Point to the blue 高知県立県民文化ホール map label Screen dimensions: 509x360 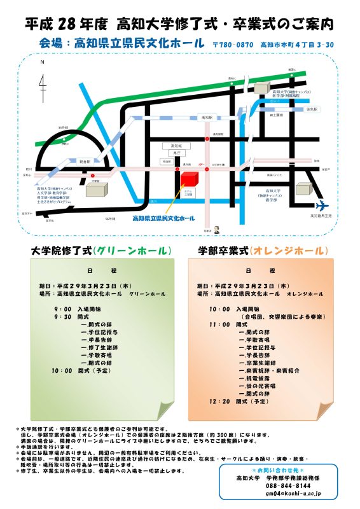(163, 218)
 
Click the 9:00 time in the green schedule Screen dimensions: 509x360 (62, 308)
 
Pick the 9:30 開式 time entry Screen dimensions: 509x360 (62, 316)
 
